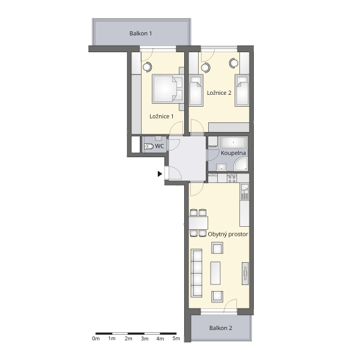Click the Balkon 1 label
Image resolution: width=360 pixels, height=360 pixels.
coord(140,34)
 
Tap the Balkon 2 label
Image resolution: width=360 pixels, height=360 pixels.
coord(220,328)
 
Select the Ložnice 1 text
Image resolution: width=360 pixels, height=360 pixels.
coord(161,116)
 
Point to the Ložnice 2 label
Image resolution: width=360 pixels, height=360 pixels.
coord(219,93)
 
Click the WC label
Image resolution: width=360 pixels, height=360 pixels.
coord(160,146)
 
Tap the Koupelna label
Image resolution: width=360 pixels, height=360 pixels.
coord(233,153)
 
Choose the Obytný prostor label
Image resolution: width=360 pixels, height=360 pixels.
coord(228,235)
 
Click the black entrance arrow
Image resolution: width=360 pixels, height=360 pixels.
coord(160,174)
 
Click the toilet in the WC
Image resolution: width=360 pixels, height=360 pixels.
coord(149,146)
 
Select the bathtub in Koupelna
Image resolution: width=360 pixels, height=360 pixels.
coord(233,143)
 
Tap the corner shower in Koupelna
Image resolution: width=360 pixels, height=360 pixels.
coord(241,164)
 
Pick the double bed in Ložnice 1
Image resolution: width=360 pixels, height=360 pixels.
coord(167,89)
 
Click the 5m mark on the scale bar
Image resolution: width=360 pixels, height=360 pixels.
coord(176,338)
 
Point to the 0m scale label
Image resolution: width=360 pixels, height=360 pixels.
coord(96,338)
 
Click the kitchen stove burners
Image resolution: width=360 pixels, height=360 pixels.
coord(232,178)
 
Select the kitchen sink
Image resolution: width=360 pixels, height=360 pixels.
coord(245,191)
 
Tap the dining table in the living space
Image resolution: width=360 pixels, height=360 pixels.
coord(199,223)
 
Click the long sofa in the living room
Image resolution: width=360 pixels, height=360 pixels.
coord(196,273)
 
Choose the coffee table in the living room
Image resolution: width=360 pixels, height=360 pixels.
coord(215,273)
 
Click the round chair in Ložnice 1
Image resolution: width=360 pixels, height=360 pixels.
coord(147,67)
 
